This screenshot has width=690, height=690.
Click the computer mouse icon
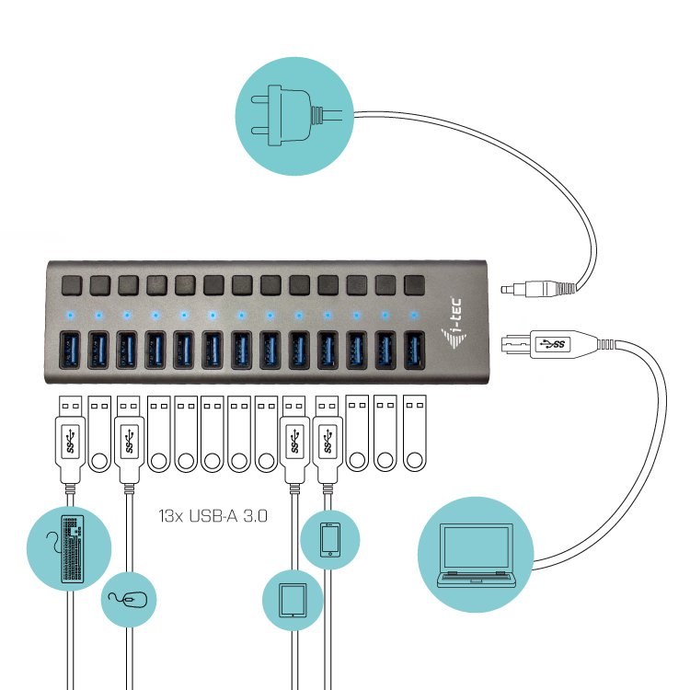[x=129, y=599]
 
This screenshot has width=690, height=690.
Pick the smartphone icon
[x=330, y=540]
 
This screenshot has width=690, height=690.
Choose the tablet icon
[x=293, y=599]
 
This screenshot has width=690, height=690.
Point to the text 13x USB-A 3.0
[x=213, y=517]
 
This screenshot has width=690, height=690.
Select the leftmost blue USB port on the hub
[x=71, y=350]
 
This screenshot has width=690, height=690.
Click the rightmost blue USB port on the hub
[x=413, y=350]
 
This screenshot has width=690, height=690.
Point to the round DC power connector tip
[x=507, y=289]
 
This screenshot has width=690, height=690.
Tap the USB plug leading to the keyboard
[x=70, y=442]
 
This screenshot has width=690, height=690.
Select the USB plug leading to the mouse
[x=127, y=442]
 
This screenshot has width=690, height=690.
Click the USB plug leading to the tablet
[x=295, y=442]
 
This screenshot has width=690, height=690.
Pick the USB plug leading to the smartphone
[x=327, y=442]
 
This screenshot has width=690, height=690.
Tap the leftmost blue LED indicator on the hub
[x=71, y=315]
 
